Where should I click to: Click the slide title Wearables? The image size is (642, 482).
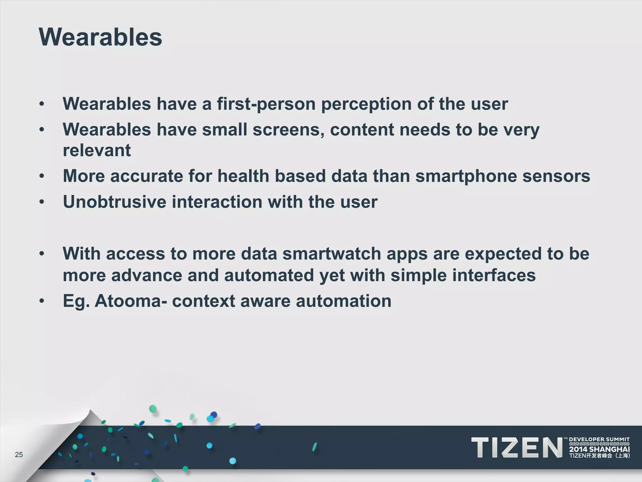(x=100, y=37)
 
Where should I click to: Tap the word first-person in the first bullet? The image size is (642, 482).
(x=266, y=104)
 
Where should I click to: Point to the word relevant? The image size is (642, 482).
(x=97, y=150)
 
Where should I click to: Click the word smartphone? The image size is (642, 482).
(x=466, y=176)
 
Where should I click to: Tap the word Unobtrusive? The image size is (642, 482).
(x=114, y=202)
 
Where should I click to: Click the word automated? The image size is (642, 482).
(x=269, y=276)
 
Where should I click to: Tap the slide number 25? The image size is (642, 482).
(x=19, y=455)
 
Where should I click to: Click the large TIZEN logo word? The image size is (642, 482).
(x=517, y=448)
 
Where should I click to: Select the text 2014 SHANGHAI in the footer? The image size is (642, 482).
(x=599, y=449)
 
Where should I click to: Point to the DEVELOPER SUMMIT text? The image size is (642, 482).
(x=599, y=439)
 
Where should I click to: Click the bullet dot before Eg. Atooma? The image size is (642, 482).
(x=42, y=301)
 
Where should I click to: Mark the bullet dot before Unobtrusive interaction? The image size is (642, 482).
(x=42, y=202)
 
